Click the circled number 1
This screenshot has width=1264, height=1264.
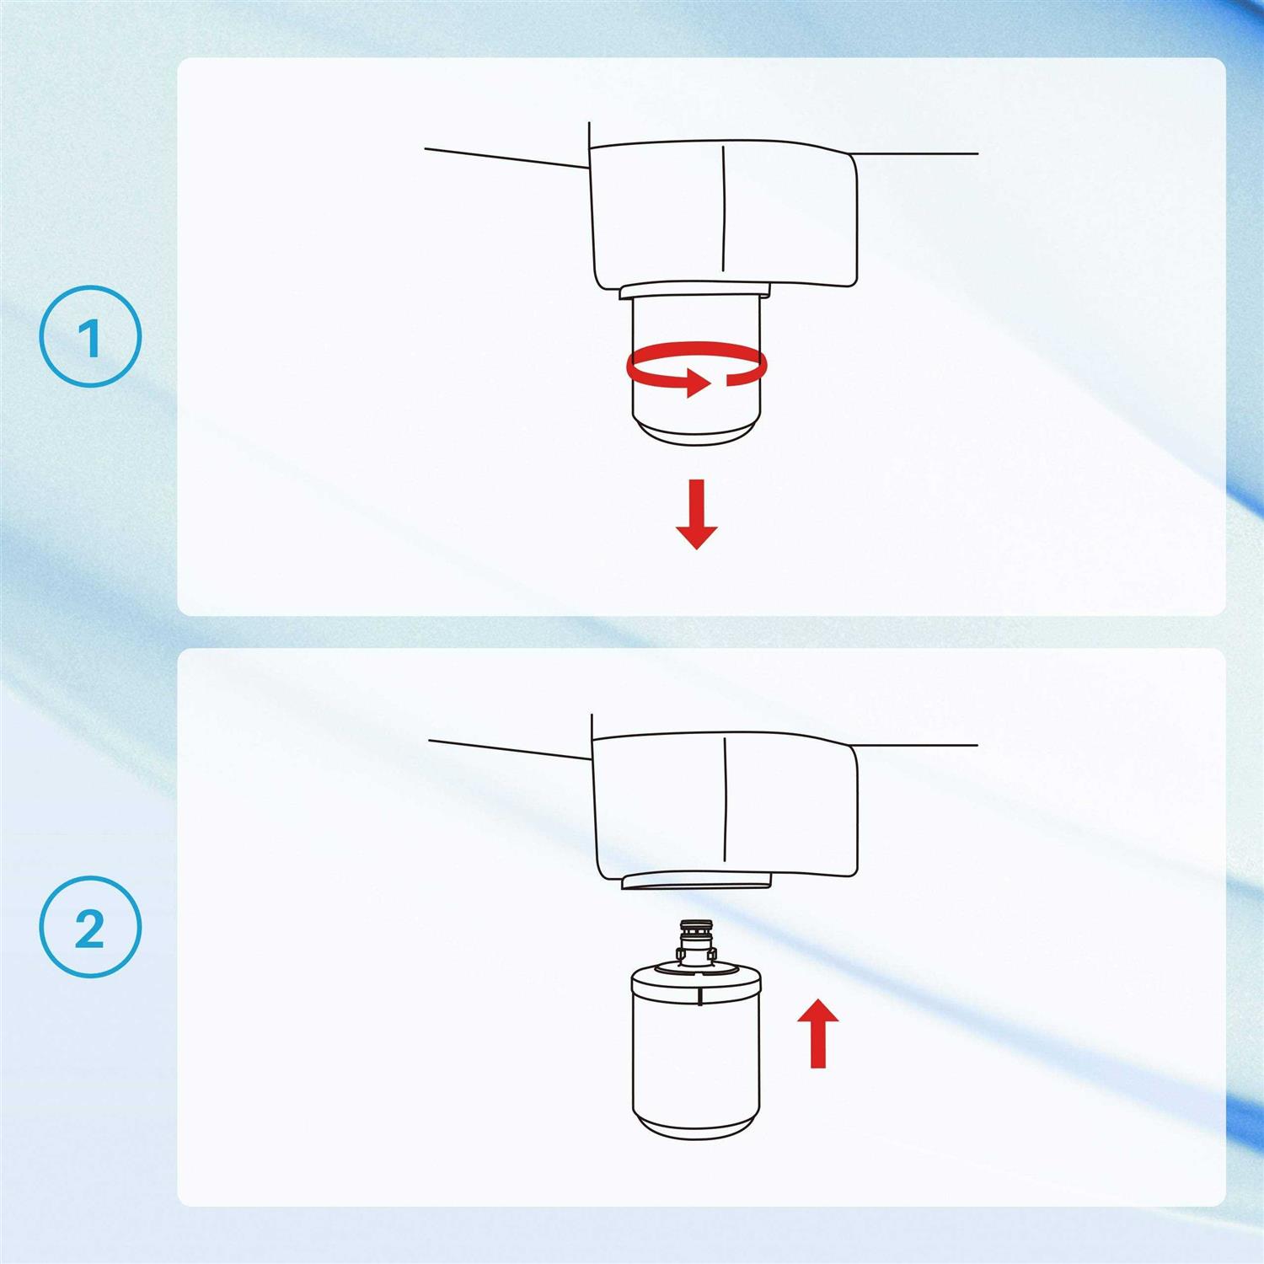click(x=90, y=337)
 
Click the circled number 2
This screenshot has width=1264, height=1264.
click(x=90, y=928)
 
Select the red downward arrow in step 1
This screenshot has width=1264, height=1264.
click(x=697, y=514)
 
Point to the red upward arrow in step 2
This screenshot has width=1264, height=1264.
click(x=817, y=1033)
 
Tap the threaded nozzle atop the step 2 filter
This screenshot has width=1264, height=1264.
click(x=696, y=943)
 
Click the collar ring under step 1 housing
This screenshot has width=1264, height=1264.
click(x=695, y=290)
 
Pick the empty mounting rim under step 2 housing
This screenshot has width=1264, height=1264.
click(x=696, y=881)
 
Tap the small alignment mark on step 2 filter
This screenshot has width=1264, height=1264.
click(x=701, y=997)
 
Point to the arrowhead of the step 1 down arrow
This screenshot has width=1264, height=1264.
click(x=697, y=537)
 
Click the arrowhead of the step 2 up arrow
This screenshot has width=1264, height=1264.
click(x=817, y=1012)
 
